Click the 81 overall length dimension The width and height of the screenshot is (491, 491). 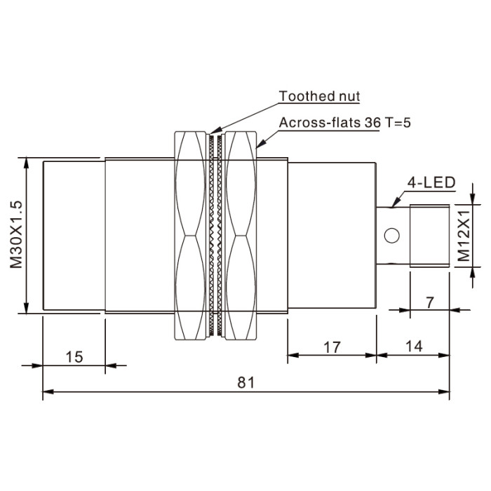coord(246,382)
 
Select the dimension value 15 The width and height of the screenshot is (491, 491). coord(74,357)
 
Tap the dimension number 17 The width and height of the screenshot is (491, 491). coord(332,347)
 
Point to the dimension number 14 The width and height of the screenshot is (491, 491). coord(414,347)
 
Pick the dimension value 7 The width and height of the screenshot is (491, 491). coord(430,302)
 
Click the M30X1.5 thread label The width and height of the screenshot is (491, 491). coord(16,235)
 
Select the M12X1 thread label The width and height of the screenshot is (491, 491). coord(464,236)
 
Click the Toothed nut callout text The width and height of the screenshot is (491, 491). coord(319,96)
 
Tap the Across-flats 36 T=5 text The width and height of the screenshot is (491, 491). coord(344,123)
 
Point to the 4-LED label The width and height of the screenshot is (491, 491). coord(431,182)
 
